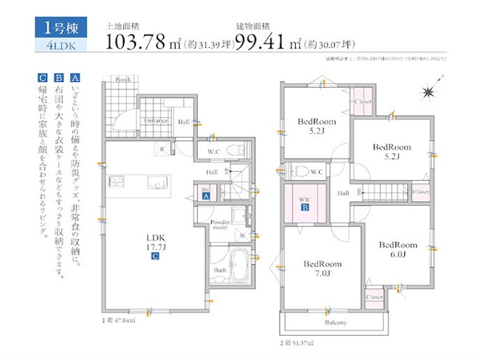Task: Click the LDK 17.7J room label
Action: point(155,243)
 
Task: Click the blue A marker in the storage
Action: point(206,195)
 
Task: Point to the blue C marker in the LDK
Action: point(155,257)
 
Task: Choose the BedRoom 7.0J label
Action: point(322,268)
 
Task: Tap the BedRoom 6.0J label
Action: point(398,249)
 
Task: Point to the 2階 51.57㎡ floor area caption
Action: point(296,343)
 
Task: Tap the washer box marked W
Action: point(243,236)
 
